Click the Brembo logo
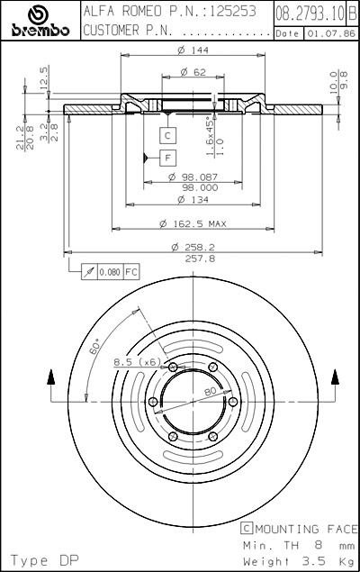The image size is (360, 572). click(x=40, y=21)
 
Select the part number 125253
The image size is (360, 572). click(x=233, y=12)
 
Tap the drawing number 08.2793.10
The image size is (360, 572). click(x=310, y=14)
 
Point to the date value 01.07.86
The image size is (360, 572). click(x=331, y=33)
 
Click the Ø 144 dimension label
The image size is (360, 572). click(x=193, y=50)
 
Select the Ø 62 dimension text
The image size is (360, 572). click(x=193, y=72)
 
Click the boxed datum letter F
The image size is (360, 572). click(x=167, y=158)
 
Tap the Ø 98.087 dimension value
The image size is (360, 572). click(x=193, y=177)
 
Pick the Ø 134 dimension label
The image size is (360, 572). click(x=193, y=200)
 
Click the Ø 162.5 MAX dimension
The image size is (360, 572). click(x=193, y=223)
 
